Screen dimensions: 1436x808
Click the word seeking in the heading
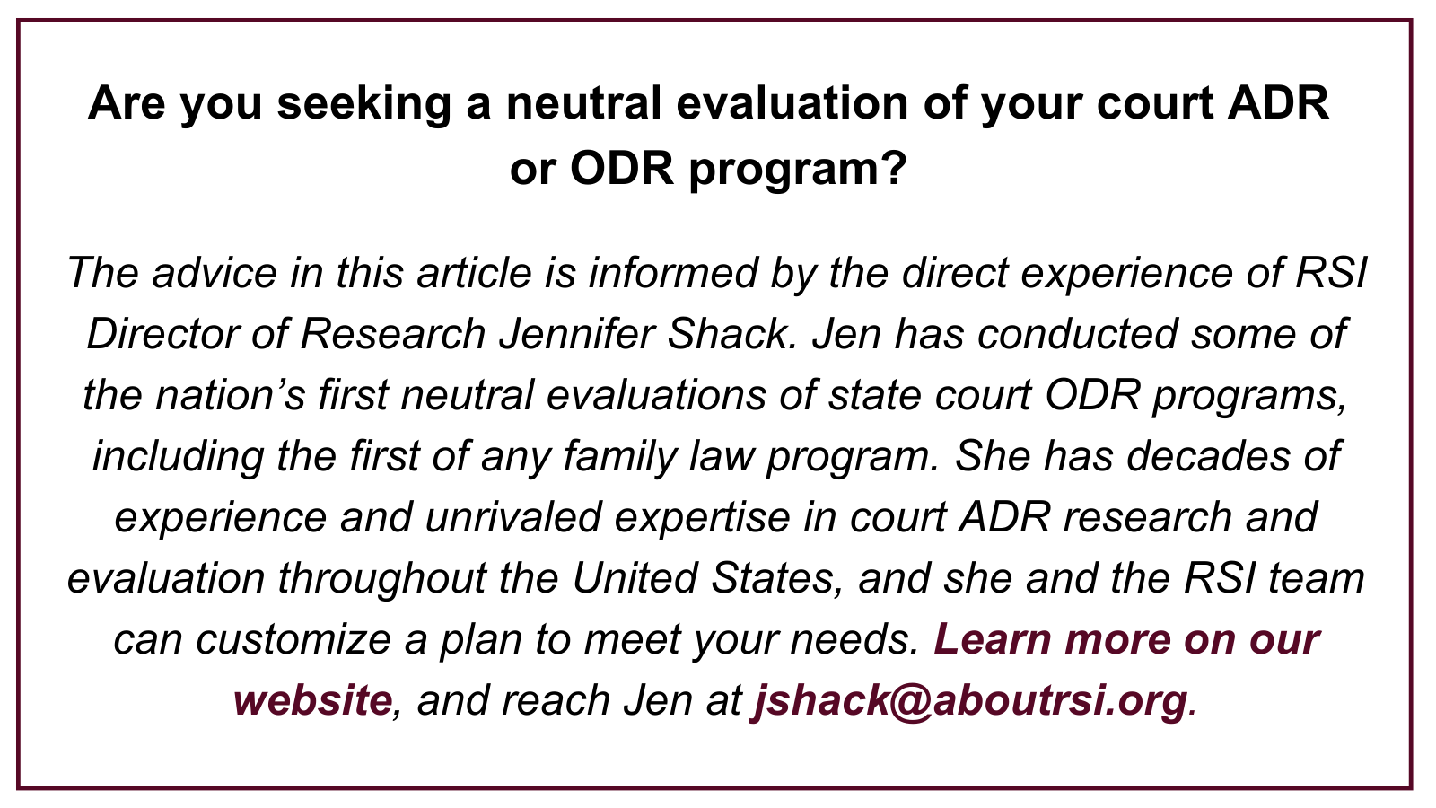364,104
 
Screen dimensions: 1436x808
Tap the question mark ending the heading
894,168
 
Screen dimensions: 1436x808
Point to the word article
474,273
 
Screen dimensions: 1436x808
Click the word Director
162,334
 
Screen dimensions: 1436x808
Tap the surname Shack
731,334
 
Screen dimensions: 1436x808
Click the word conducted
1077,334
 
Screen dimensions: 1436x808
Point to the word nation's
230,394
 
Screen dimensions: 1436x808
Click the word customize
293,638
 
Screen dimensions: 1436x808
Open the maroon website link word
312,699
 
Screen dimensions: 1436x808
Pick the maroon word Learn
993,638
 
